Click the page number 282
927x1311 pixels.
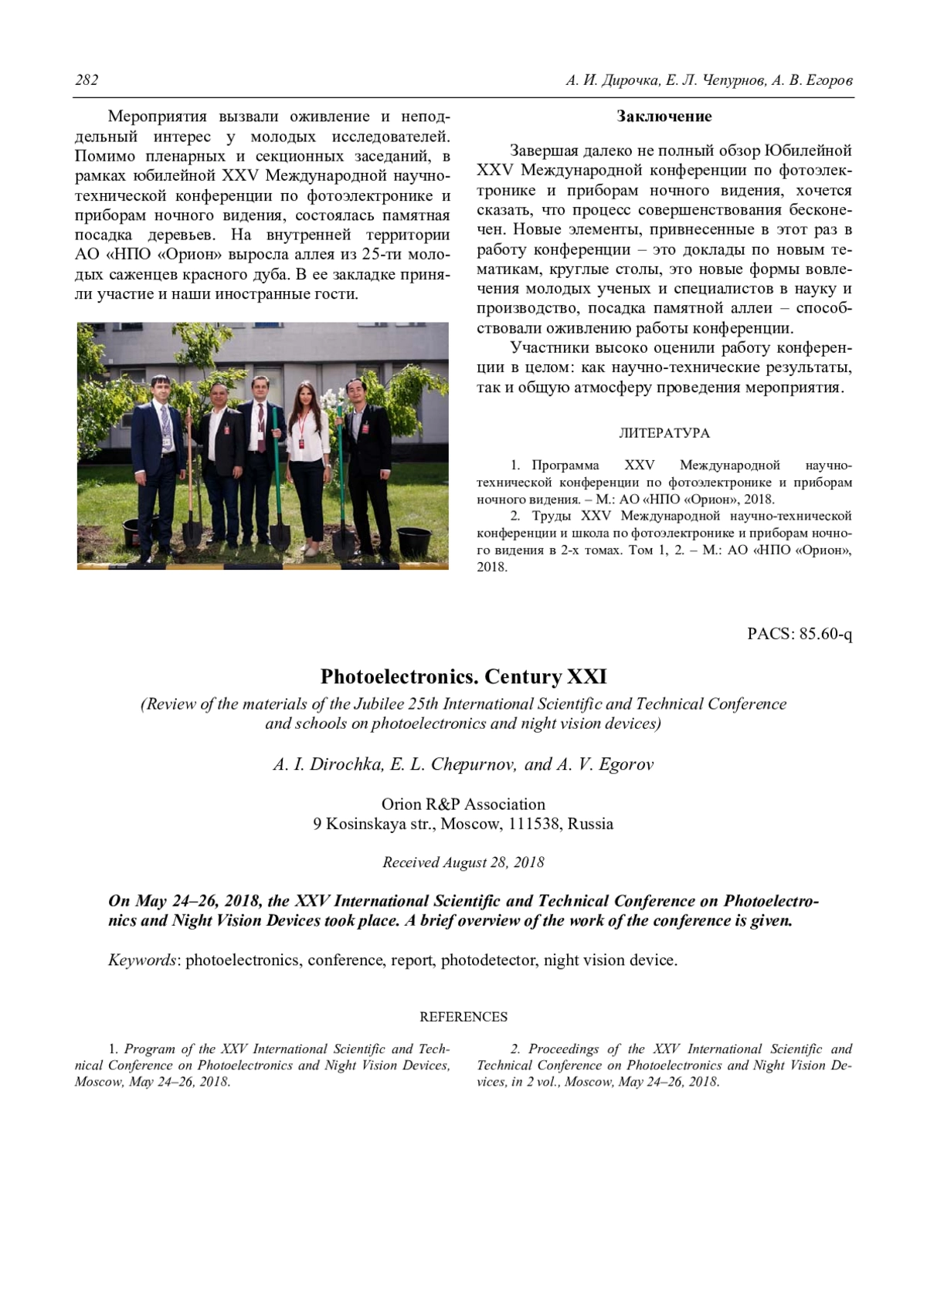click(87, 80)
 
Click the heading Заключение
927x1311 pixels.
click(664, 117)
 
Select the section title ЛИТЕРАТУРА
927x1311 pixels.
click(664, 433)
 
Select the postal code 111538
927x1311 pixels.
click(534, 824)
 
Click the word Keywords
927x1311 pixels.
click(142, 960)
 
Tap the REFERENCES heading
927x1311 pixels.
click(463, 1017)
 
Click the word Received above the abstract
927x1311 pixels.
click(410, 862)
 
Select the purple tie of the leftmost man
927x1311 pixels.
click(165, 421)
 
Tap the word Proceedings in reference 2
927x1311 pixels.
click(563, 1049)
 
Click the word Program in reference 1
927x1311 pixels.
click(150, 1049)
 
